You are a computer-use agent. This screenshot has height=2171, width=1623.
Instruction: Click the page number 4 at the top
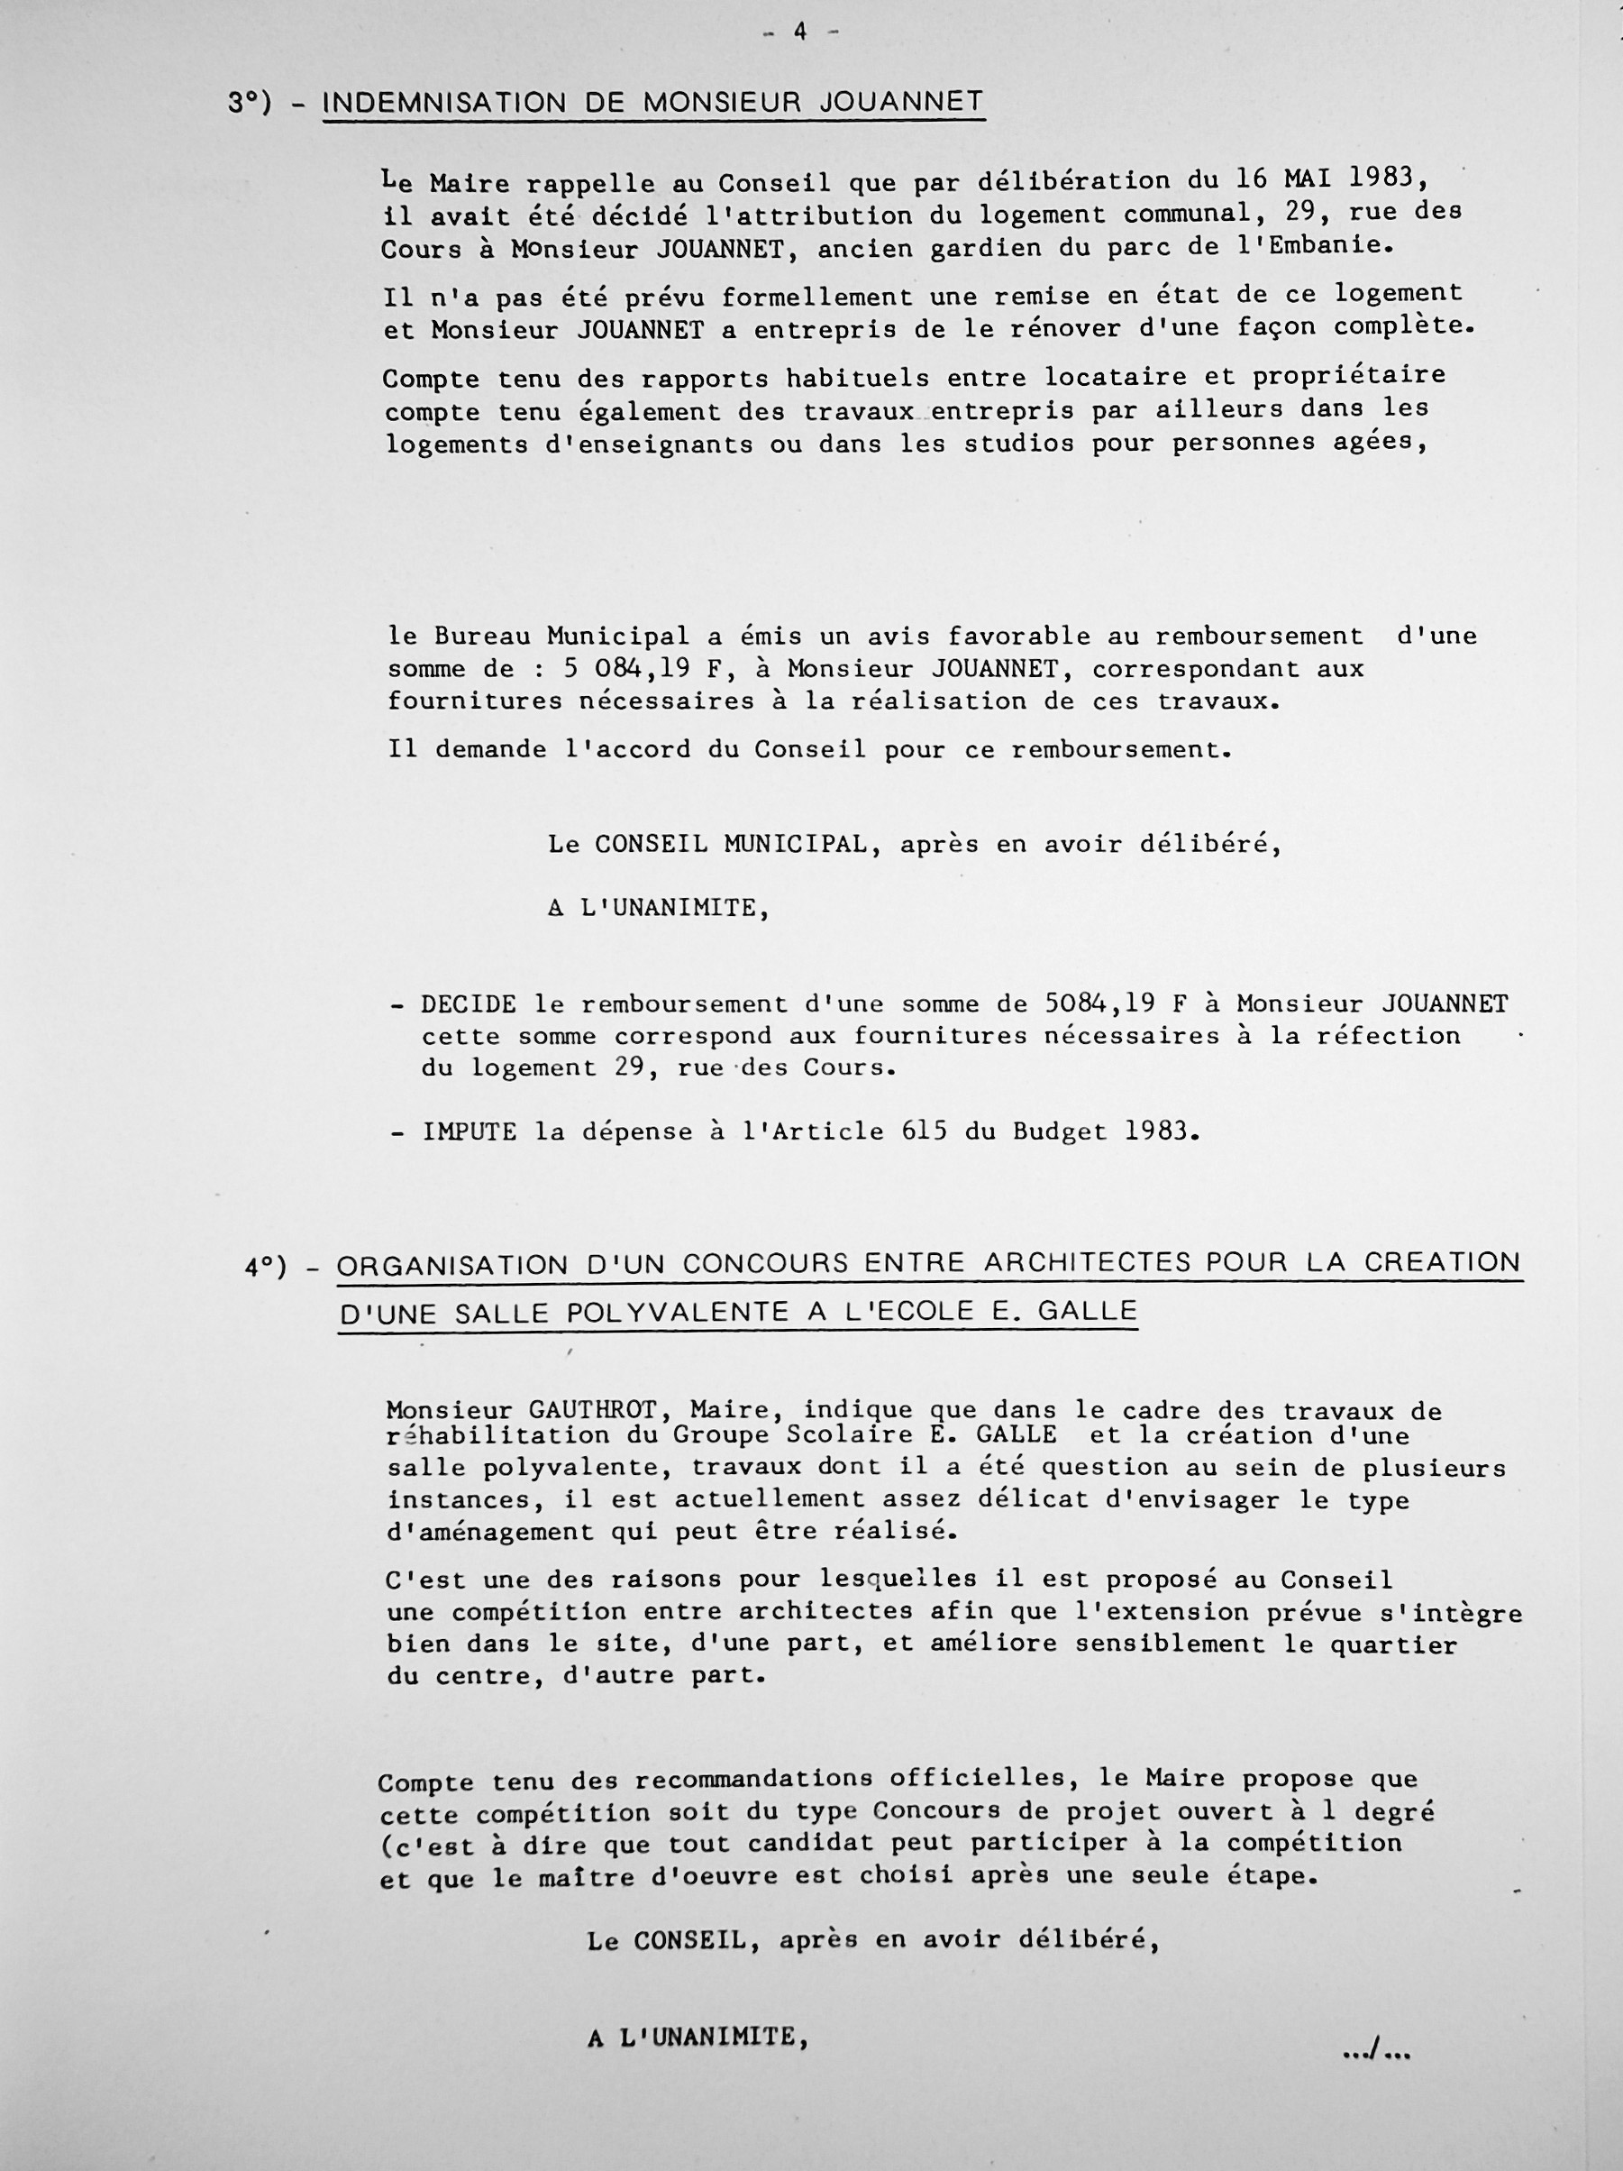click(x=799, y=32)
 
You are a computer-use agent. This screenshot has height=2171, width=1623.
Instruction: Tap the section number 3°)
click(x=250, y=103)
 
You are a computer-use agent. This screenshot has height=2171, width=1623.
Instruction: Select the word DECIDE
click(x=469, y=1005)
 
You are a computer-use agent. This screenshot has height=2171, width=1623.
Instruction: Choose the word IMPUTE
click(x=469, y=1131)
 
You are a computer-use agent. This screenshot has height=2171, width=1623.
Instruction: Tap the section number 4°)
click(x=266, y=1267)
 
